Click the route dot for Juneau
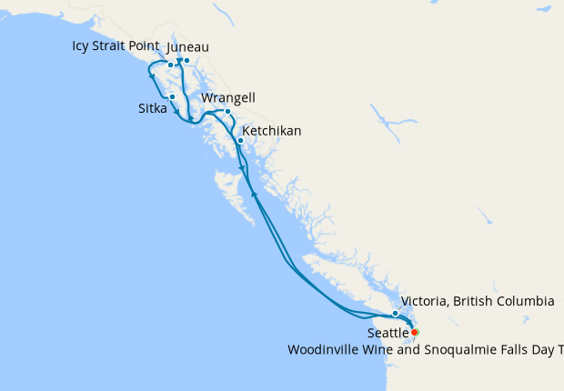[x=186, y=61]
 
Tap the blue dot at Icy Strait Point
[x=170, y=65]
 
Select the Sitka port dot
[x=172, y=96]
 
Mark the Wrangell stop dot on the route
[x=227, y=112]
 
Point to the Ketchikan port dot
[x=240, y=141]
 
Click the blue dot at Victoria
[x=395, y=314]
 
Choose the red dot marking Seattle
[x=415, y=333]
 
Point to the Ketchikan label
[x=271, y=131]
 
